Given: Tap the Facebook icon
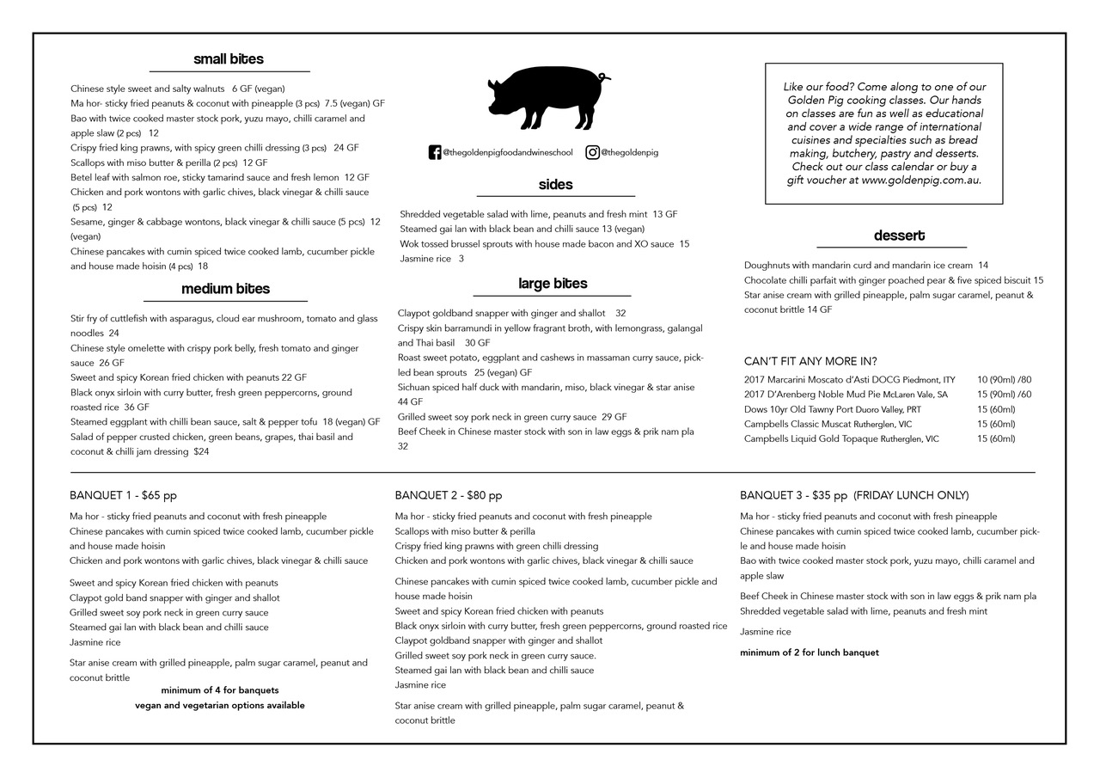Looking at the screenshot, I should click(435, 153).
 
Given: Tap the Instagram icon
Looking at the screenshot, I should click(593, 152).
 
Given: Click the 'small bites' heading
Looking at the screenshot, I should click(229, 59).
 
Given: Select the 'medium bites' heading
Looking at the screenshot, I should click(225, 289).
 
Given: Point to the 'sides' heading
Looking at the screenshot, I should click(555, 185).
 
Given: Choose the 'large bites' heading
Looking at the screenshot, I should click(553, 284).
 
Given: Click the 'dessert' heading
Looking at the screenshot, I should click(899, 236).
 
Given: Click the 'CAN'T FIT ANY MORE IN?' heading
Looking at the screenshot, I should click(810, 361).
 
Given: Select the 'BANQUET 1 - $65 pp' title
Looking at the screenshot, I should click(123, 495).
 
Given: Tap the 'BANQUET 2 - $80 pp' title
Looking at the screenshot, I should click(449, 495).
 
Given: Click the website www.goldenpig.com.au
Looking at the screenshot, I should click(920, 181).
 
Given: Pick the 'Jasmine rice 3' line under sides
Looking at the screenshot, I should click(431, 259).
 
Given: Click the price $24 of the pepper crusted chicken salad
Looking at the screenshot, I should click(202, 451).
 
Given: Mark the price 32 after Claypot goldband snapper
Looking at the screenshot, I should click(620, 313).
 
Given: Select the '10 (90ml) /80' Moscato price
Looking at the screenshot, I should click(1004, 380).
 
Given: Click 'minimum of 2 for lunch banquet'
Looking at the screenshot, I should click(809, 652).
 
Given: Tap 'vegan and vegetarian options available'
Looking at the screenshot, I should click(219, 705).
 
